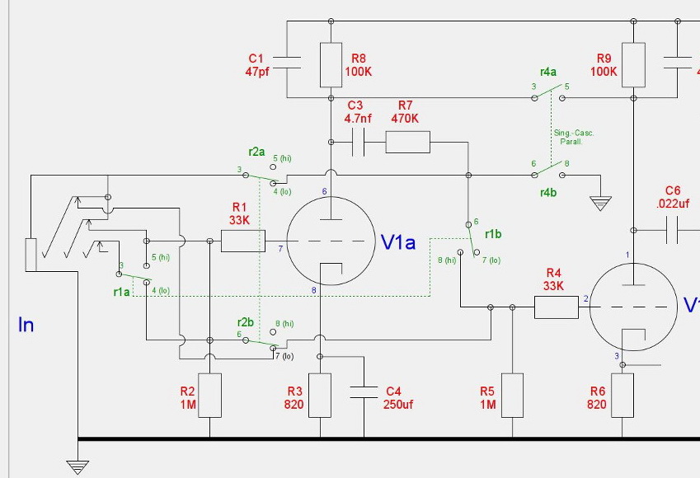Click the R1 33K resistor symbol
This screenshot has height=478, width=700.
click(x=243, y=241)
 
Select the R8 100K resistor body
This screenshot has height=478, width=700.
click(x=331, y=65)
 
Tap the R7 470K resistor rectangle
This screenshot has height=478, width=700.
click(x=407, y=143)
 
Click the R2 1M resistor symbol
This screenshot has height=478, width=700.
click(x=210, y=396)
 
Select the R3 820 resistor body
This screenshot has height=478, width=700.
click(x=320, y=396)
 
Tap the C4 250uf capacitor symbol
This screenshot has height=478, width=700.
click(x=364, y=393)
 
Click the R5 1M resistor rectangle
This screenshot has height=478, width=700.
click(x=512, y=396)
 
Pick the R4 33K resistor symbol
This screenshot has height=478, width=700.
click(x=557, y=307)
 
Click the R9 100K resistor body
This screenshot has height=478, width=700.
click(x=633, y=65)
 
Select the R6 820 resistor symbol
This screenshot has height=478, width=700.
click(x=622, y=396)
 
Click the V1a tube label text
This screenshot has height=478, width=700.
click(x=398, y=241)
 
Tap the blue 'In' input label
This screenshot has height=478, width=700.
click(x=26, y=325)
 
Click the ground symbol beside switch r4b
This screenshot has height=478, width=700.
click(x=601, y=202)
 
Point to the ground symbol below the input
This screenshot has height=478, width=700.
click(x=78, y=466)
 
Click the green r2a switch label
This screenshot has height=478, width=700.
click(x=256, y=152)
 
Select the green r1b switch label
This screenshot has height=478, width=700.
click(x=494, y=234)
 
